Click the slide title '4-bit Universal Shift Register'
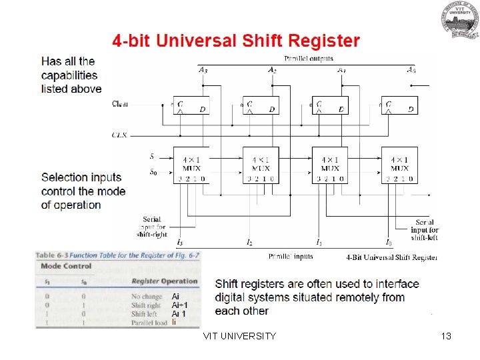click(x=235, y=41)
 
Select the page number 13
click(x=446, y=336)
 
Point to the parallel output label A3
click(x=203, y=69)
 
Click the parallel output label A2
click(x=272, y=69)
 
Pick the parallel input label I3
click(x=180, y=242)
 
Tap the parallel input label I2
click(x=249, y=242)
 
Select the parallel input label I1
click(x=319, y=242)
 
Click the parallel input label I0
click(x=389, y=242)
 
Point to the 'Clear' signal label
click(x=121, y=103)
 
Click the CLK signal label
click(x=119, y=135)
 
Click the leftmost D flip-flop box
click(x=191, y=105)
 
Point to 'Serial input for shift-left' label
click(x=425, y=230)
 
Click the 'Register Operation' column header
click(x=165, y=281)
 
